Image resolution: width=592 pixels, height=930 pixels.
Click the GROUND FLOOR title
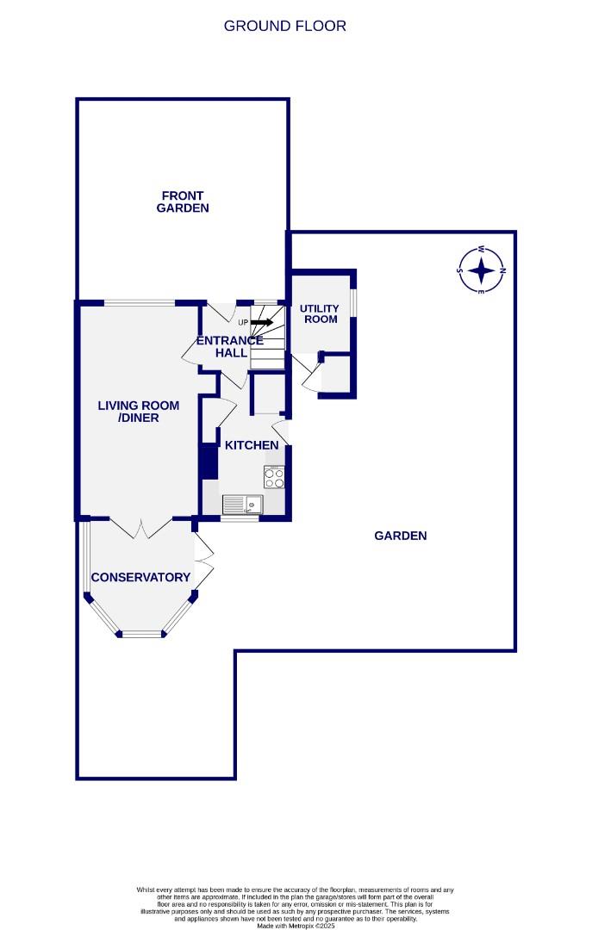point(284,26)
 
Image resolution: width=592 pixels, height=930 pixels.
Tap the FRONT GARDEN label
point(183,201)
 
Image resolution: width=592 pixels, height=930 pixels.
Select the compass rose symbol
point(482,270)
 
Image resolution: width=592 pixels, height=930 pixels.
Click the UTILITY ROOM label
point(319,313)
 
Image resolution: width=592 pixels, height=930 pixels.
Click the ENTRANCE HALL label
point(230,346)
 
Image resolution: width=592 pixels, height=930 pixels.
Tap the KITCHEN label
point(252,445)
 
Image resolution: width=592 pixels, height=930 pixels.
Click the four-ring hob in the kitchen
point(275,477)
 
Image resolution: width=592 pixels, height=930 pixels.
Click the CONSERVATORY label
point(140,577)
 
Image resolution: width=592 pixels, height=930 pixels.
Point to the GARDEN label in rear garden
point(401,536)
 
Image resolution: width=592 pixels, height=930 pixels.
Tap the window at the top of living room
point(140,302)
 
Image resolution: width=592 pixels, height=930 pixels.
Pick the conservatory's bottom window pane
point(141,635)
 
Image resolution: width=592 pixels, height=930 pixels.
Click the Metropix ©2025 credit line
point(295,925)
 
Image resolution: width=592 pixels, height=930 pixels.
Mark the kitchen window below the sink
point(240,518)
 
